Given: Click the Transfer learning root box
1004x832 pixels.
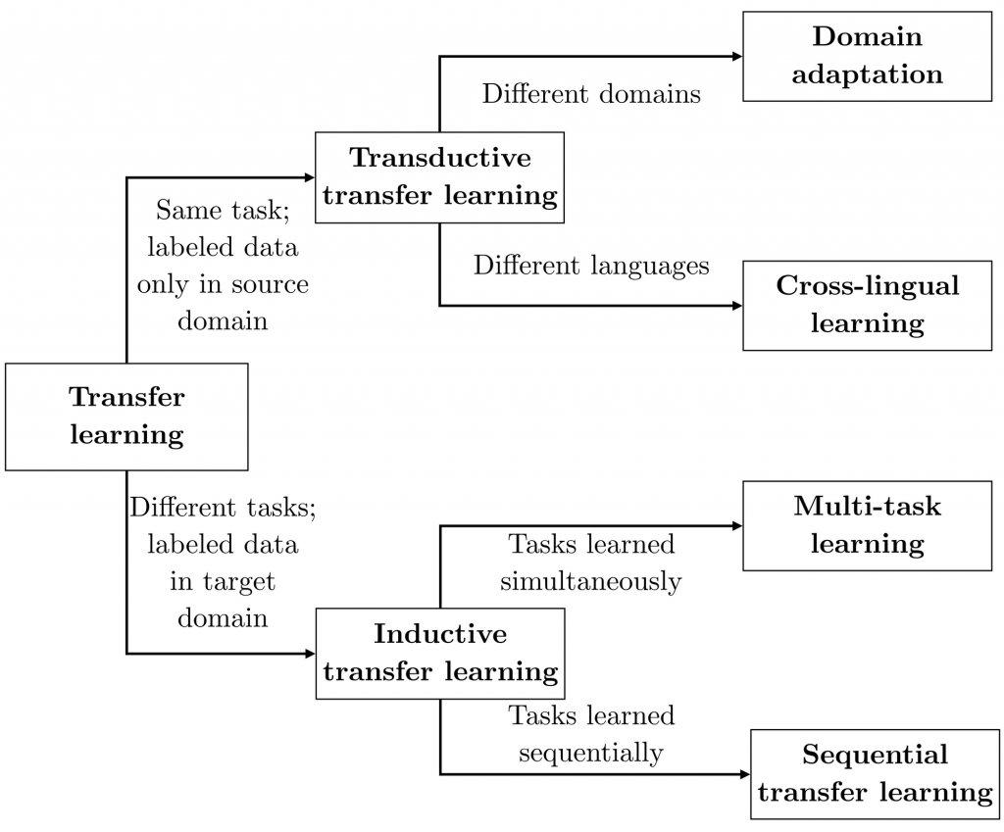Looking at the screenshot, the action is (126, 416).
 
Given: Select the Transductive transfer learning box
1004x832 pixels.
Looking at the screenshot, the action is (439, 177).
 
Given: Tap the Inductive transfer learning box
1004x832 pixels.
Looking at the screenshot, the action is (440, 654).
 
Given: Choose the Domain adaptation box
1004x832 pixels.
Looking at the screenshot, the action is (867, 56).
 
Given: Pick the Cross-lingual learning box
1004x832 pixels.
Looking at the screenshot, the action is (867, 306).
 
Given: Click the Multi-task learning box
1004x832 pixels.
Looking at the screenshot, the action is (867, 525).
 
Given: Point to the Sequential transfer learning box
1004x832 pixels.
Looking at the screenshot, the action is (875, 774).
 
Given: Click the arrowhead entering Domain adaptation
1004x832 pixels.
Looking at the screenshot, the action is (737, 56).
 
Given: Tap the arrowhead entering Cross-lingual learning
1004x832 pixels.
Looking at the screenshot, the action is (737, 306).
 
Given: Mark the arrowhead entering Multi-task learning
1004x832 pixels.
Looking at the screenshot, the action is (737, 525).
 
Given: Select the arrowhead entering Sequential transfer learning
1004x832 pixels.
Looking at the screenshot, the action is (745, 774).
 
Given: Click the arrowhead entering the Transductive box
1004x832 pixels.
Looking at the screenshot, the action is (310, 177).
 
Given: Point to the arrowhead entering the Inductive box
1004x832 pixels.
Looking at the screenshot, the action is (311, 654).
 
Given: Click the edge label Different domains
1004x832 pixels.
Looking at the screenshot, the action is (591, 93).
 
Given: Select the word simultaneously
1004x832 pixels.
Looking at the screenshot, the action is (590, 582).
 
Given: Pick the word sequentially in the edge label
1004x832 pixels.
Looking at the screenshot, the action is (590, 754).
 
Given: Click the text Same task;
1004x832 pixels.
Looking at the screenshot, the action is (223, 211).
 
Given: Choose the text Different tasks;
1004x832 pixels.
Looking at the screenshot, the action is (223, 508).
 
